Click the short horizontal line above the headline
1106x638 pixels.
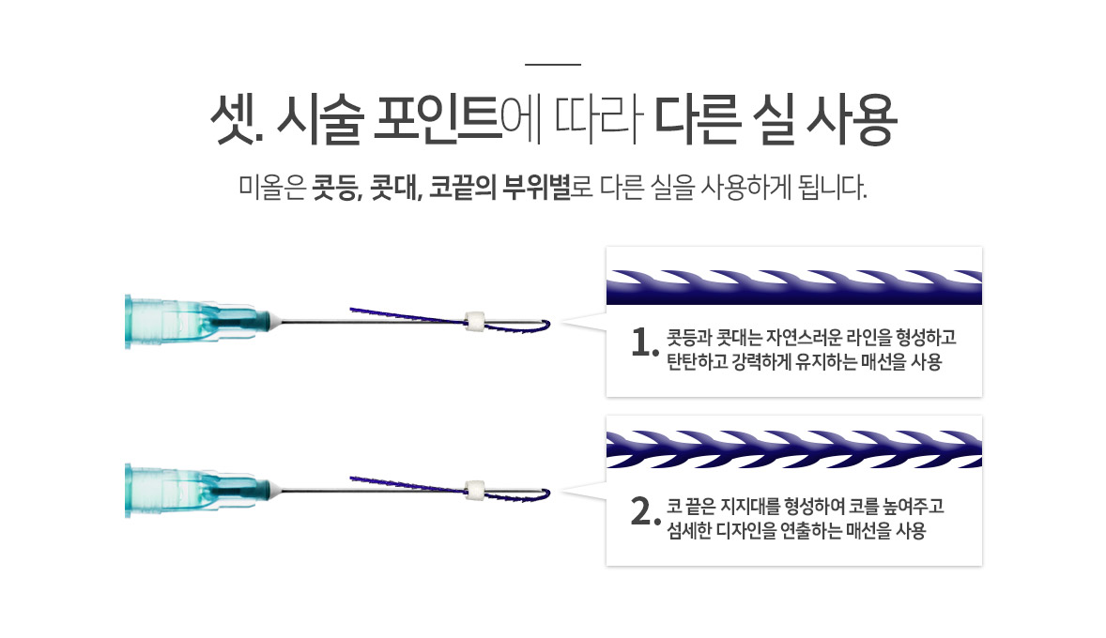pos(553,64)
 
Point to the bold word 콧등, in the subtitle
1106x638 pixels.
pos(337,188)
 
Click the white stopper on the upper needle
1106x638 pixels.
pos(475,322)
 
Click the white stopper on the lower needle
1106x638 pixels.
pos(475,491)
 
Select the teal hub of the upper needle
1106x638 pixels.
pos(197,322)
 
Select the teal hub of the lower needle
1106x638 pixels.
pos(197,491)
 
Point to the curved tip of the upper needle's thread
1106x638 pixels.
pos(548,325)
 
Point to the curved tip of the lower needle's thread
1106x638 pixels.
pos(548,494)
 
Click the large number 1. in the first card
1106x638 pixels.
pos(645,343)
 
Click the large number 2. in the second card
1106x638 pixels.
pos(645,512)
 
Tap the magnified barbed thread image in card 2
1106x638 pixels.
pos(794,449)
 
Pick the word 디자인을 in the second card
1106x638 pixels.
pos(746,531)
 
